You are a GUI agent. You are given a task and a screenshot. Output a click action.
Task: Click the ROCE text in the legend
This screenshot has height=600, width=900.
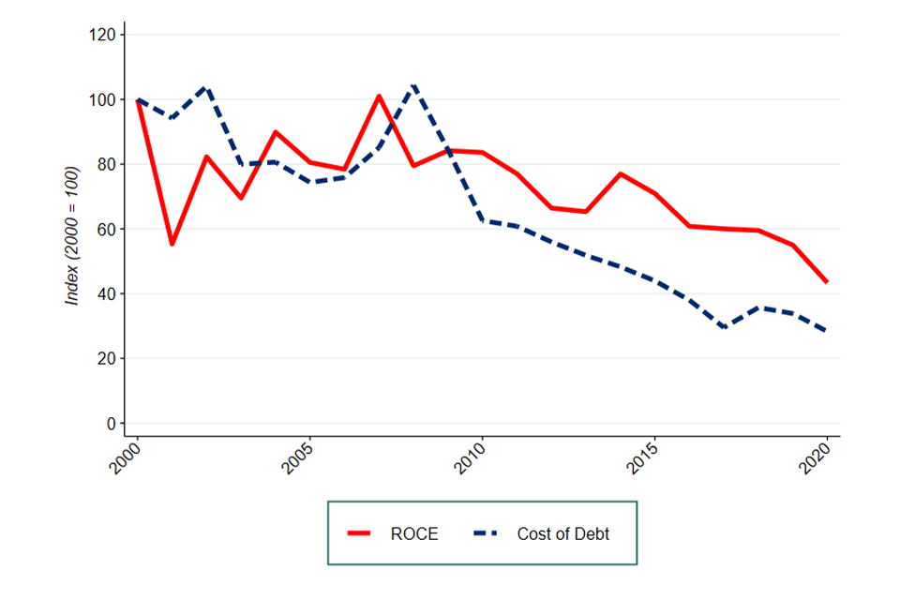(412, 534)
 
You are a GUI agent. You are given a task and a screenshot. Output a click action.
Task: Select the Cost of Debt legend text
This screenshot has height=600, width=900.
(563, 534)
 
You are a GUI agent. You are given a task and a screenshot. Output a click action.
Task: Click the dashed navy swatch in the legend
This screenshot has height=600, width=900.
(485, 534)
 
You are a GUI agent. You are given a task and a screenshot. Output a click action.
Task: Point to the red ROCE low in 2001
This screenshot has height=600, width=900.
(172, 244)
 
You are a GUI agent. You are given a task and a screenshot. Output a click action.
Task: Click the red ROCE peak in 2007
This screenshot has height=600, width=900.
(378, 96)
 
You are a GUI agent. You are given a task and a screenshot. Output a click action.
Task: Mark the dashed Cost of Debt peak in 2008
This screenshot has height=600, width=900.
(413, 86)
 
